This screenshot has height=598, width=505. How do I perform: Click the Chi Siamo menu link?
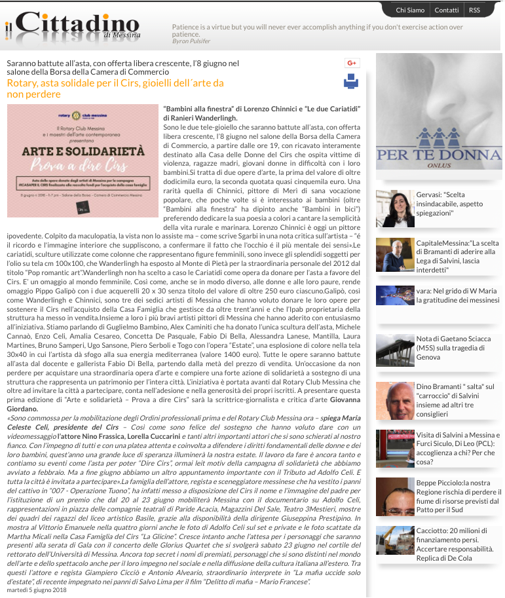(x=410, y=10)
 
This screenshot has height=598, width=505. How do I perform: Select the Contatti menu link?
(x=446, y=10)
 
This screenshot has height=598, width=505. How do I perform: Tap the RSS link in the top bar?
(x=474, y=10)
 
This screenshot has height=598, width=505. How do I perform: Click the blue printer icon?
(x=351, y=81)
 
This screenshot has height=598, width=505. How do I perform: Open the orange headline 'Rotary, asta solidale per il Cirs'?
(x=115, y=88)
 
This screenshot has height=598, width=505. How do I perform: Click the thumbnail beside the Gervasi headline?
(x=395, y=208)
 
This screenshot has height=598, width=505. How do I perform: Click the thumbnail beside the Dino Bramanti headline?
(x=395, y=401)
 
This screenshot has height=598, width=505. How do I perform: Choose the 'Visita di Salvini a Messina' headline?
(x=458, y=448)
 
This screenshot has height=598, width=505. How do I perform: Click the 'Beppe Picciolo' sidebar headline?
(x=457, y=496)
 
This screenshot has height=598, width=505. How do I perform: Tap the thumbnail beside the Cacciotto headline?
(x=395, y=544)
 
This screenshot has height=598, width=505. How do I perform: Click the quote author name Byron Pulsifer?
(x=191, y=41)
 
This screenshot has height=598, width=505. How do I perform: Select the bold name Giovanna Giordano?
(x=335, y=400)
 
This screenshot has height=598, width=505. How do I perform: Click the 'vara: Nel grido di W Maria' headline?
(x=457, y=295)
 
